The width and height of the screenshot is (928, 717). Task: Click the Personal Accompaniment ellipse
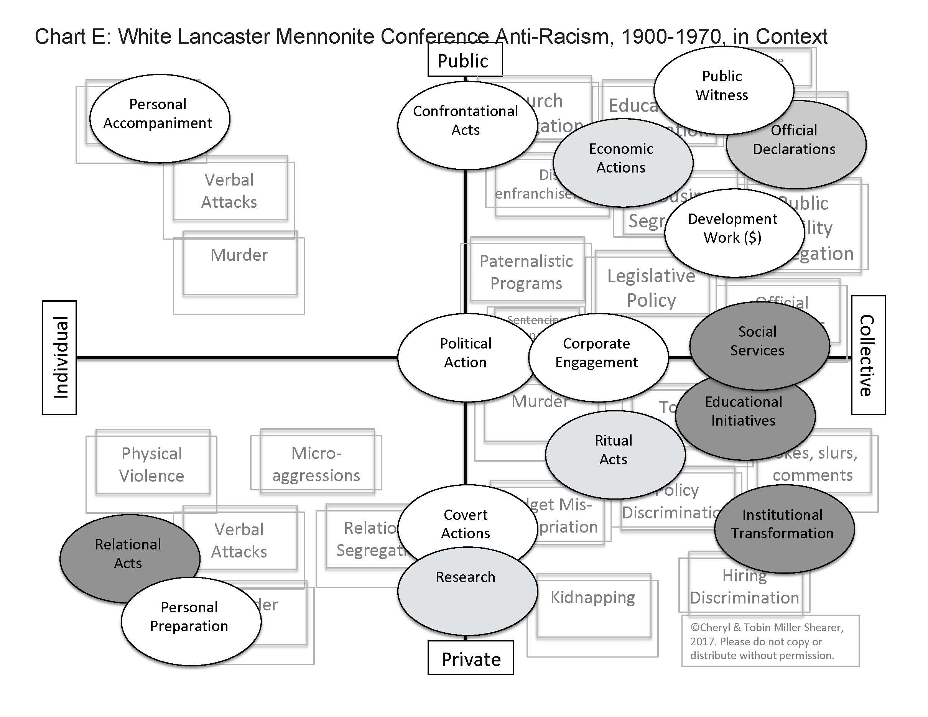(x=160, y=118)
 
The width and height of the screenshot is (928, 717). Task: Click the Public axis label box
(x=464, y=61)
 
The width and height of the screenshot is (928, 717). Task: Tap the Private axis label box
(x=471, y=657)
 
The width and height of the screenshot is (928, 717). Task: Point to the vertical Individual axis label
(x=59, y=357)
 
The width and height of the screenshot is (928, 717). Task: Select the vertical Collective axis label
(x=868, y=355)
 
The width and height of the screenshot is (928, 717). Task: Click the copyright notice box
(x=770, y=641)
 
